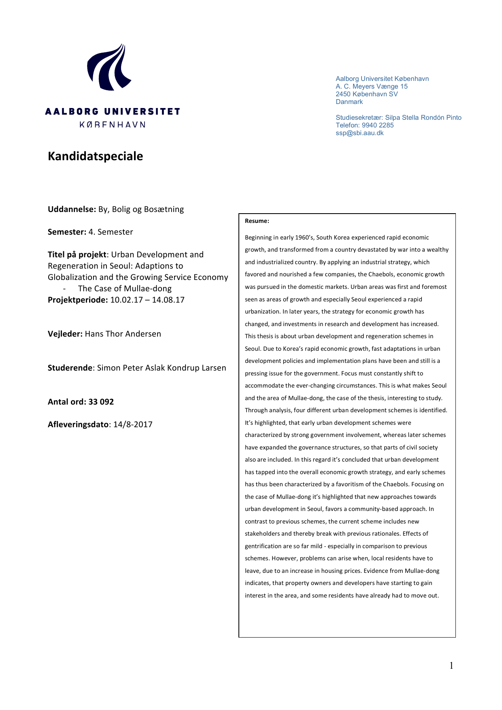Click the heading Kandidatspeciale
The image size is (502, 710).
pyautogui.click(x=95, y=156)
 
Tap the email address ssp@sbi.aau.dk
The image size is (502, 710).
pyautogui.click(x=359, y=133)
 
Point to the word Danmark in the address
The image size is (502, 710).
pyautogui.click(x=349, y=102)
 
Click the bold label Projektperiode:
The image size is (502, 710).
pyautogui.click(x=78, y=300)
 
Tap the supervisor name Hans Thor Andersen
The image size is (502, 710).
pyautogui.click(x=123, y=334)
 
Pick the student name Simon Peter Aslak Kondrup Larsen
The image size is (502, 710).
pyautogui.click(x=162, y=368)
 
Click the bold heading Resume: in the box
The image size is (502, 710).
pyautogui.click(x=257, y=221)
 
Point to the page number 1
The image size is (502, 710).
pyautogui.click(x=451, y=665)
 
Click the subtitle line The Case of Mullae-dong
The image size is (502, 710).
pyautogui.click(x=125, y=288)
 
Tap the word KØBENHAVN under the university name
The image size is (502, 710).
pyautogui.click(x=112, y=125)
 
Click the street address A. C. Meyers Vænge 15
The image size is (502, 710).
pyautogui.click(x=371, y=87)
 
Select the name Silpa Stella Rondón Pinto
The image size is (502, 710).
pyautogui.click(x=423, y=118)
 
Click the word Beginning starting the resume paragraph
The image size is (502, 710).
pyautogui.click(x=258, y=237)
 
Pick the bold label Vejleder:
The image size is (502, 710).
pyautogui.click(x=65, y=334)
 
